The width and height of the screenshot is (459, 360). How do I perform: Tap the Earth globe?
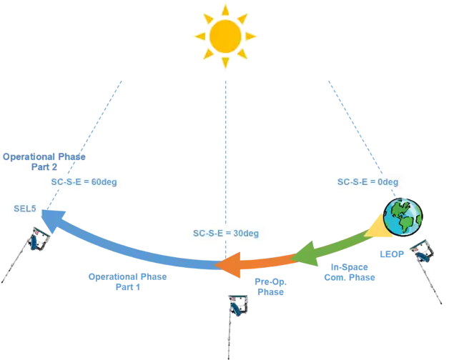(403, 218)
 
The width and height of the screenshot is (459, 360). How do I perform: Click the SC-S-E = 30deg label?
(225, 232)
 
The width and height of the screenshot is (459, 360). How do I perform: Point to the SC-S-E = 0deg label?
(367, 182)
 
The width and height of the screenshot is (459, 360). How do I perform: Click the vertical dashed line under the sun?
(225, 143)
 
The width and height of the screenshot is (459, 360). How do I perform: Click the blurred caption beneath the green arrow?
(350, 274)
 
